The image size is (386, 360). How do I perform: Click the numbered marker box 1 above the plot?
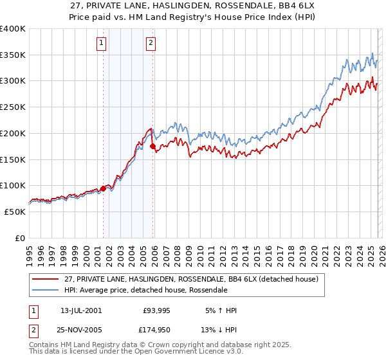click(102, 43)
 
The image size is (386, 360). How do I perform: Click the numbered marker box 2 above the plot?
click(151, 43)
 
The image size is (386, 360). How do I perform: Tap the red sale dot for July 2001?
click(103, 188)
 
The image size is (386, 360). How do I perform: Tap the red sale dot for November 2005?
click(153, 147)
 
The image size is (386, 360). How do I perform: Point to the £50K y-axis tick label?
click(15, 212)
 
